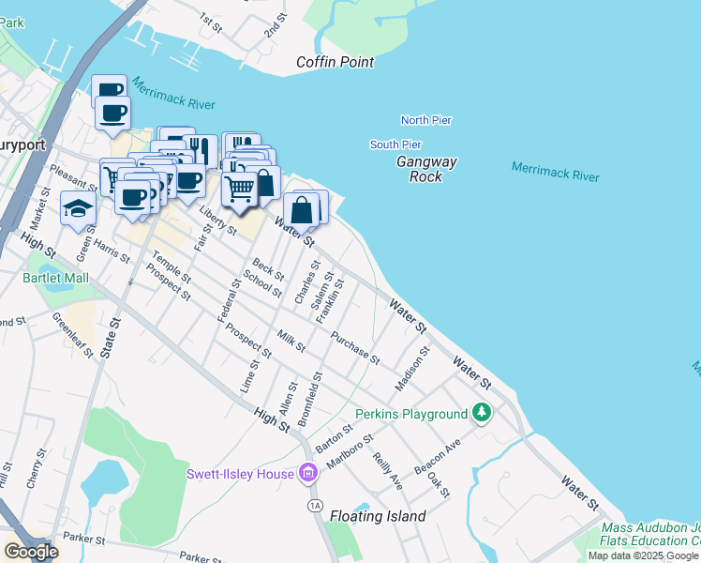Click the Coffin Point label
pos(335,62)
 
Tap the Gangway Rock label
pos(426,169)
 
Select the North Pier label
pos(426,120)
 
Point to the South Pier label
pos(395,145)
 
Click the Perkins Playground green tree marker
pos(482,413)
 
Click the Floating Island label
pos(378,516)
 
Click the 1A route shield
pos(314,505)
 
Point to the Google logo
pos(30,552)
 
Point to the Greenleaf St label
pos(73,335)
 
